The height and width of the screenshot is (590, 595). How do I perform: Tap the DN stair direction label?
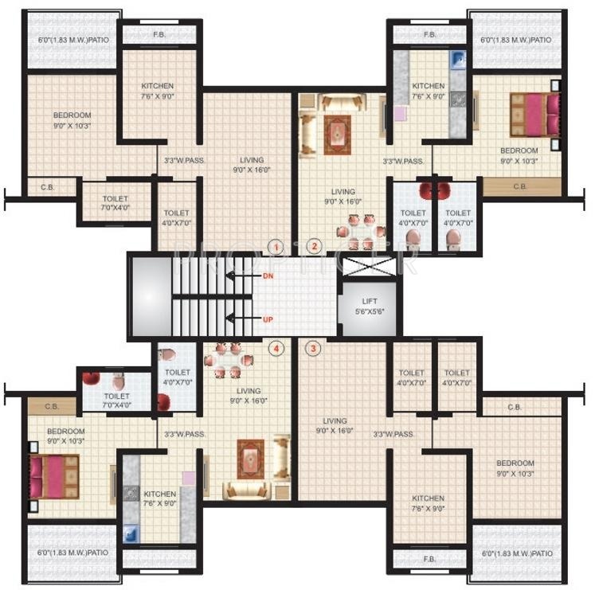point(268,276)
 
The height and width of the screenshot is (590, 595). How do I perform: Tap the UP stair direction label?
point(268,319)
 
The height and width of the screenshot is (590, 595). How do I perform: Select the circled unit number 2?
point(315,246)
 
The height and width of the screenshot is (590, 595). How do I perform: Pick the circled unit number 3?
point(314,348)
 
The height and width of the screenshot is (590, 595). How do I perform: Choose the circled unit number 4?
point(276,348)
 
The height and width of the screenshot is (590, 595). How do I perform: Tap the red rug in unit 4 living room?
point(250,459)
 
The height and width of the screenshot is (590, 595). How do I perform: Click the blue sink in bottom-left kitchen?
point(131,532)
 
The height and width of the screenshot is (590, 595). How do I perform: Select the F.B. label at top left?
point(159,34)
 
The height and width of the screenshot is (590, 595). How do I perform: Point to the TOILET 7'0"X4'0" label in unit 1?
point(115,203)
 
